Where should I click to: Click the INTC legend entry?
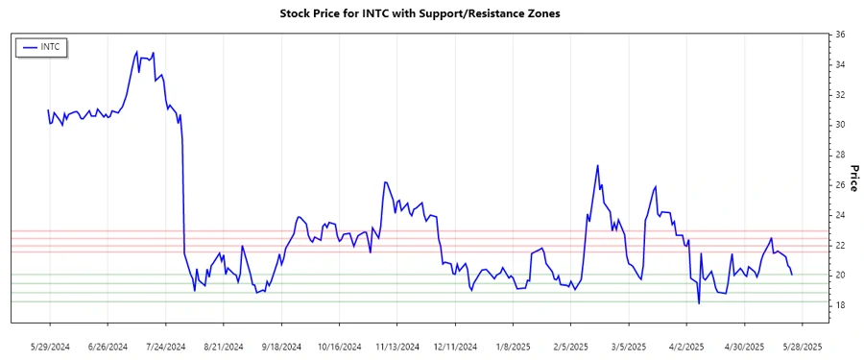(49, 46)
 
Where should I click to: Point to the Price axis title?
(852, 177)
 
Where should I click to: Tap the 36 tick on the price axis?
(840, 35)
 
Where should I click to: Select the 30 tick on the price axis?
(840, 125)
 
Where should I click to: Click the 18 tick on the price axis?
(840, 305)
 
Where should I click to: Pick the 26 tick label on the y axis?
(840, 185)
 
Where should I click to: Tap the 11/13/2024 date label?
(397, 346)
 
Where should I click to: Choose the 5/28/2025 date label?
(802, 346)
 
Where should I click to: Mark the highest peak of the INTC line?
(136, 51)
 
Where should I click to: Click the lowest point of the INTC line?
(699, 303)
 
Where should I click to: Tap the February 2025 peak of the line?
(597, 165)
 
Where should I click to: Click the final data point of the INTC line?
(792, 275)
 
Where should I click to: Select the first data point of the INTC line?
(48, 110)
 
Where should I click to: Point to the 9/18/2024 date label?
(281, 346)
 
